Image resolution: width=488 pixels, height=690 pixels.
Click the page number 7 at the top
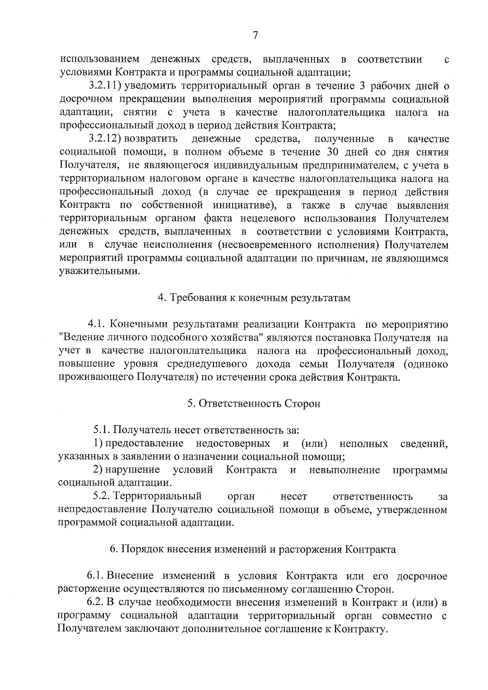coord(255,35)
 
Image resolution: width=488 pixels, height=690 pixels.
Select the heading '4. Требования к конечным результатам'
coord(254,298)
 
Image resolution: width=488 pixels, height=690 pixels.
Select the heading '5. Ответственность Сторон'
coord(254,403)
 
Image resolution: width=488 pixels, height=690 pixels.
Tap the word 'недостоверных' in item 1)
coord(233,443)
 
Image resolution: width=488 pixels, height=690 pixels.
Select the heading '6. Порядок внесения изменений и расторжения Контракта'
coord(253,550)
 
